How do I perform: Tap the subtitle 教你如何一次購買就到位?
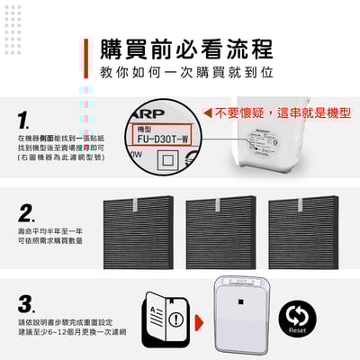(x=187, y=71)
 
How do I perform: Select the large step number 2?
(x=27, y=214)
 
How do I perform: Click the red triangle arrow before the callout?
(x=206, y=114)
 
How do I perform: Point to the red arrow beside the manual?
(x=200, y=319)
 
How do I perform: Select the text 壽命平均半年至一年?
(x=45, y=231)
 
